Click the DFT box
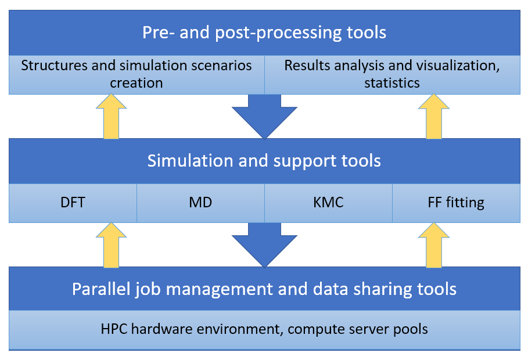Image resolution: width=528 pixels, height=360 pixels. (73, 203)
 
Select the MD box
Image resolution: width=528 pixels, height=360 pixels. (201, 203)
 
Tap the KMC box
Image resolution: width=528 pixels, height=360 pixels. (328, 203)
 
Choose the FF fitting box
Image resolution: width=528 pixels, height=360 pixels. (457, 203)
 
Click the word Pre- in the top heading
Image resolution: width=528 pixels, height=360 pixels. (158, 33)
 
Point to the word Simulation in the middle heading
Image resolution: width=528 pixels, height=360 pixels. (191, 161)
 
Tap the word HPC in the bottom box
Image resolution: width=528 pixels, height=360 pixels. (114, 329)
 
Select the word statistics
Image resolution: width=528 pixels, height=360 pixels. (392, 83)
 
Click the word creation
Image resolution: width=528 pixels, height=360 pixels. (137, 83)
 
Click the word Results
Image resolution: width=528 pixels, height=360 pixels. (307, 66)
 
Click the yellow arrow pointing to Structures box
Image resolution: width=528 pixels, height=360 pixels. (111, 116)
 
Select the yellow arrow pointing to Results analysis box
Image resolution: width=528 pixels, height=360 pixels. (434, 116)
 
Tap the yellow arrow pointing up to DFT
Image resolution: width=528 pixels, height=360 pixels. (111, 245)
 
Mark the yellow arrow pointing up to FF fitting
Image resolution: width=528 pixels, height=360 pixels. (434, 245)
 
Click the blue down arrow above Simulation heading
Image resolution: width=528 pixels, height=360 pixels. (264, 116)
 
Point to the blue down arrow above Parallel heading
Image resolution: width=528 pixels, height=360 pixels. (264, 245)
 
